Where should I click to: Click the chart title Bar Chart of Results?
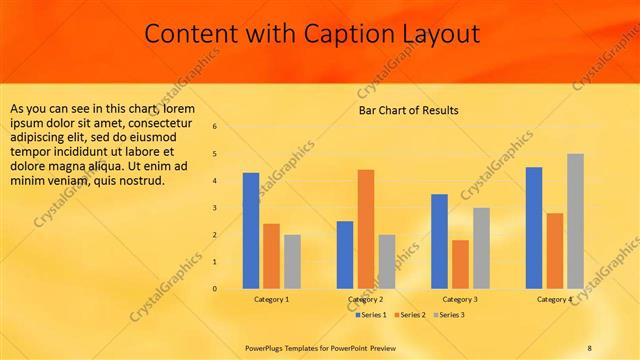(408, 110)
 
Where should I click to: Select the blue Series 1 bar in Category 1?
(251, 231)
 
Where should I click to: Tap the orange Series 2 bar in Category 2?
(366, 229)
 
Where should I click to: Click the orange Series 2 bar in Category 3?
(460, 264)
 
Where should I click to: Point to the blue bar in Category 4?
(534, 228)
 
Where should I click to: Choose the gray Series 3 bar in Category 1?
(292, 262)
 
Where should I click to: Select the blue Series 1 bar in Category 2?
(345, 255)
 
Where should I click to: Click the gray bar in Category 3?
(481, 248)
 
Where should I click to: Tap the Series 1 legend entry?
(373, 315)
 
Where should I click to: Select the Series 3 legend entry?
(451, 315)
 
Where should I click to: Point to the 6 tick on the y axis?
(214, 127)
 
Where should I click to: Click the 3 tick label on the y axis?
(214, 208)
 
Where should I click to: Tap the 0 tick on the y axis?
(214, 289)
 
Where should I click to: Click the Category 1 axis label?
(271, 299)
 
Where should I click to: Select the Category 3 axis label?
(460, 299)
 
